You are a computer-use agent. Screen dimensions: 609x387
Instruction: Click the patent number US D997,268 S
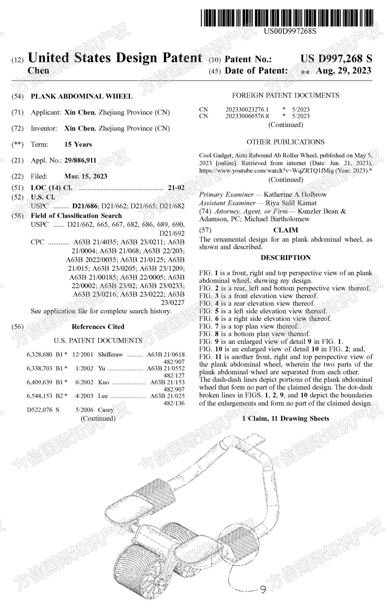[336, 59]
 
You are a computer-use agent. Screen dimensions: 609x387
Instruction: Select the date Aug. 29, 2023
[343, 71]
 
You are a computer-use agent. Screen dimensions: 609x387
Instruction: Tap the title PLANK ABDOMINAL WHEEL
[82, 96]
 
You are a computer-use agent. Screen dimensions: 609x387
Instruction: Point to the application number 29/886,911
[80, 160]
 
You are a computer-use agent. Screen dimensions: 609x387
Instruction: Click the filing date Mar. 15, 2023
[86, 176]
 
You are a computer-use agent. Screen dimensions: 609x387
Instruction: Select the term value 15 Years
[78, 144]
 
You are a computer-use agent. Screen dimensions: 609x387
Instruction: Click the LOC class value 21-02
[176, 188]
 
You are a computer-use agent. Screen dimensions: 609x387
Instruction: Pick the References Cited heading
[98, 327]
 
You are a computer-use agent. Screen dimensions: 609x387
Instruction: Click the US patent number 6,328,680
[39, 355]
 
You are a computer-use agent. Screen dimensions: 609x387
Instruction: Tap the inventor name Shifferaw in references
[110, 355]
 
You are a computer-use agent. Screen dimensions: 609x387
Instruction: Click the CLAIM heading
[286, 230]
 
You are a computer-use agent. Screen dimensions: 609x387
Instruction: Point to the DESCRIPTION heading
[286, 258]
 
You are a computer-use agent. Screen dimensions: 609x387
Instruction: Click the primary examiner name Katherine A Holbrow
[295, 195]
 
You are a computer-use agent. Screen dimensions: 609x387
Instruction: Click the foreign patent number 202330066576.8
[247, 116]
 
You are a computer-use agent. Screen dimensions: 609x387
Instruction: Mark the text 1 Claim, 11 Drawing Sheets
[286, 418]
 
